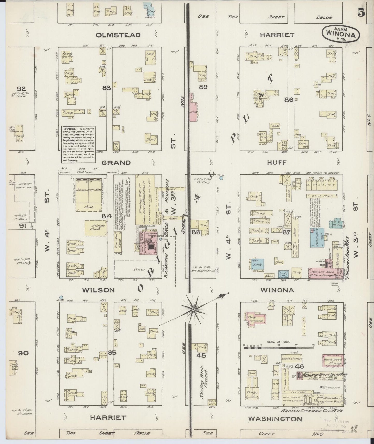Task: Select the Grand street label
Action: (116, 163)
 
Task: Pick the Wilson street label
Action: (98, 290)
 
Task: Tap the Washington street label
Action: (275, 419)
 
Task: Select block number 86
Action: (289, 100)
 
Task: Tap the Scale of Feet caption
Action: (275, 342)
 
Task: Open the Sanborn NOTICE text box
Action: (78, 144)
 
